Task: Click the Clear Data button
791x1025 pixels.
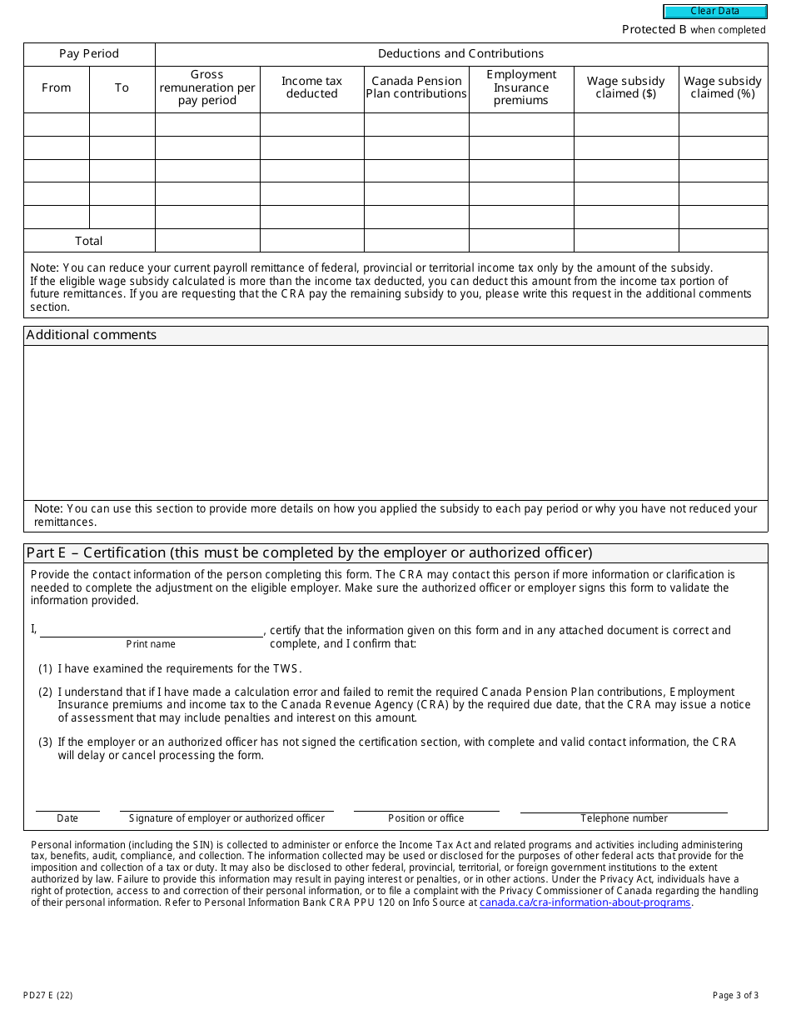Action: (714, 12)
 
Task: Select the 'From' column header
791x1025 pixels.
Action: (57, 87)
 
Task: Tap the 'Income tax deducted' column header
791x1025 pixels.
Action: (311, 87)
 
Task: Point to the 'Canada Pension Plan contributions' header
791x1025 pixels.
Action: (416, 87)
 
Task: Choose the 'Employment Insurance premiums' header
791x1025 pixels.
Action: (521, 87)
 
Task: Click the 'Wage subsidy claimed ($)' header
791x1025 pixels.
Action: (626, 87)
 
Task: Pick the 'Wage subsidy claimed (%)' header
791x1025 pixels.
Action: (723, 87)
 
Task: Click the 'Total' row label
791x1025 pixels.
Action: (89, 241)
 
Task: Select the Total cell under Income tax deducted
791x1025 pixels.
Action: (311, 241)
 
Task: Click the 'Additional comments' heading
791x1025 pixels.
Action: (92, 335)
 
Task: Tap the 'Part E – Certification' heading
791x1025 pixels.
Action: (309, 553)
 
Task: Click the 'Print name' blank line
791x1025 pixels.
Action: (151, 630)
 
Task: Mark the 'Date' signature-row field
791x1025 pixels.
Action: (67, 804)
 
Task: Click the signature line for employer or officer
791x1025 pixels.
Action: (226, 804)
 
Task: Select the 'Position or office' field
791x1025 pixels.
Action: (426, 804)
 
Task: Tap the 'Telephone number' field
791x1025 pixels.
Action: (624, 804)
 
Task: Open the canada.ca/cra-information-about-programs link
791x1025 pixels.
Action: (585, 902)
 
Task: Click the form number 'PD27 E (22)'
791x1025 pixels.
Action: (48, 995)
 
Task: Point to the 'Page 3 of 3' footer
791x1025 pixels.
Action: (735, 995)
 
